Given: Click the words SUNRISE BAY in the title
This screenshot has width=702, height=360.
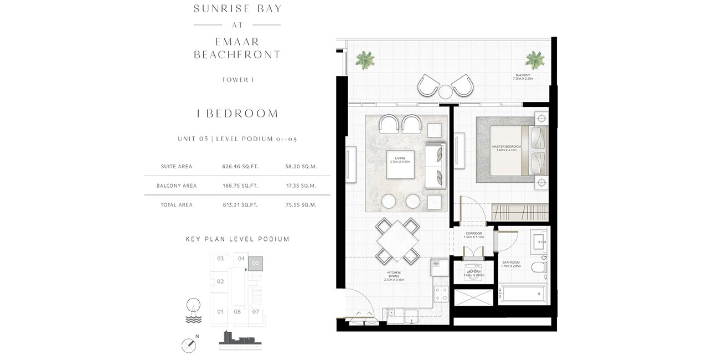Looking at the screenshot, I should coord(237,8).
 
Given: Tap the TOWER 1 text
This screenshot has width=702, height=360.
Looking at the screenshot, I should coord(237,80).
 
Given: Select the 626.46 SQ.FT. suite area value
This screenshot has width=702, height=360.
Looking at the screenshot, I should coord(240,166).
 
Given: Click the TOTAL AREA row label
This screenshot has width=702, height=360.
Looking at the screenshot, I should coord(177,205).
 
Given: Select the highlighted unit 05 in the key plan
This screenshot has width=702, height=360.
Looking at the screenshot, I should coord(256,264).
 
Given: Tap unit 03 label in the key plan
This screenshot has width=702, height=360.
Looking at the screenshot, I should coord(220,259).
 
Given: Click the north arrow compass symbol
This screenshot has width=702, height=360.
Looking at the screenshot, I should coord(189,345).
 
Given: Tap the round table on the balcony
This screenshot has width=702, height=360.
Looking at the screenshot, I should coord(445,91).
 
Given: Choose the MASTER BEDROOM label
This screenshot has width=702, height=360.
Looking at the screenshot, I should coord(506,148).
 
